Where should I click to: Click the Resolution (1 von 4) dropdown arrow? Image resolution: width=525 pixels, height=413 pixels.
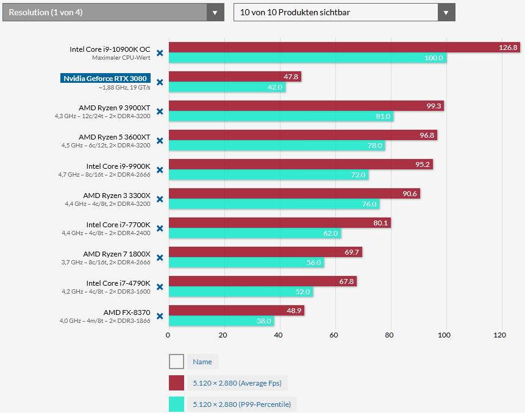[215, 12]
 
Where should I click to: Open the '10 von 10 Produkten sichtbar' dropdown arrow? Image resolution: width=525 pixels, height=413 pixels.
[446, 12]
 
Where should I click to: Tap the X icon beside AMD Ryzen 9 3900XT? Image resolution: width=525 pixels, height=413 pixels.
[160, 111]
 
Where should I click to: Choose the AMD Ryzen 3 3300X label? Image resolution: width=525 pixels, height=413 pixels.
[116, 195]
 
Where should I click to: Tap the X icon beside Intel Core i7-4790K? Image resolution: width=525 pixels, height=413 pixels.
[160, 287]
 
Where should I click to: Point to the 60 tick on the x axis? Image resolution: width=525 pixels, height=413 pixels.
[335, 334]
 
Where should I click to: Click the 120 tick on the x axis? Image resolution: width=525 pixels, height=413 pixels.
[501, 334]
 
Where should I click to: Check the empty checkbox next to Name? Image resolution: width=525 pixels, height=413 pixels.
[176, 362]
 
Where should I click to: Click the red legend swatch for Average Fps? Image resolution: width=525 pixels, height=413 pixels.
[176, 383]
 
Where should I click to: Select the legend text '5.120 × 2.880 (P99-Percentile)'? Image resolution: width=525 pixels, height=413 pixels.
[241, 404]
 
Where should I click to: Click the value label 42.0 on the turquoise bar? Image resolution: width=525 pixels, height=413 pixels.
[275, 87]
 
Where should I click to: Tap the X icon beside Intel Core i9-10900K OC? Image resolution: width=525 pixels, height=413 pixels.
[160, 53]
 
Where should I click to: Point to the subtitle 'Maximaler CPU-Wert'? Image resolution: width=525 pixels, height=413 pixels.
[121, 58]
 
